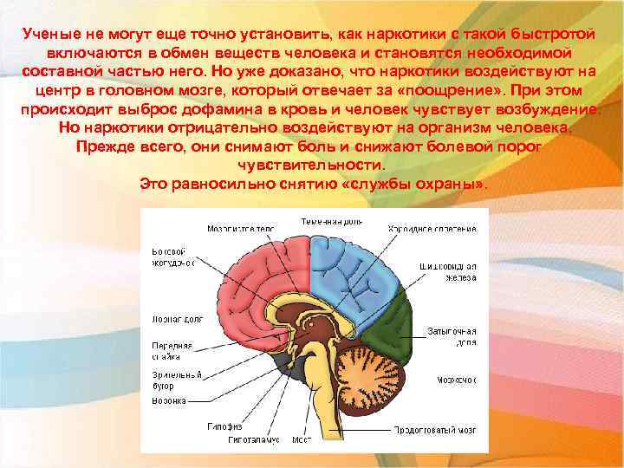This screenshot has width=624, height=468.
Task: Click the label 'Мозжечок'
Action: (x=458, y=379)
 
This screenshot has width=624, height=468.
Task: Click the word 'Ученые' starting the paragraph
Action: (x=50, y=33)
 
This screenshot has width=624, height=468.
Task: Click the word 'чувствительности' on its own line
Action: (x=308, y=165)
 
